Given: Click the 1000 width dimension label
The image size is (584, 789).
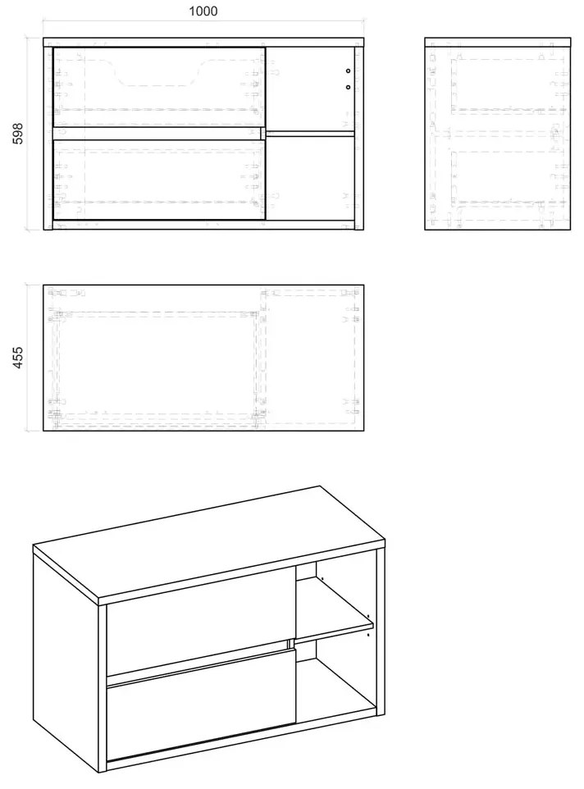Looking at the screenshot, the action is [x=203, y=11].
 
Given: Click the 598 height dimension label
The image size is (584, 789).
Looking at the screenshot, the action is [x=17, y=134].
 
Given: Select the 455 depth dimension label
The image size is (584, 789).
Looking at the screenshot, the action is [x=17, y=358].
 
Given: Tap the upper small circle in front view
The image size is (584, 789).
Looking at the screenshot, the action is [x=348, y=71].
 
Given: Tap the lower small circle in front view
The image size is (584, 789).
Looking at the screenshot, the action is [x=348, y=87].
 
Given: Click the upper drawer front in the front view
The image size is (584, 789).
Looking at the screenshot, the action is [x=159, y=87].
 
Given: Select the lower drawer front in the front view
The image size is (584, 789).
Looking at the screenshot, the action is [x=159, y=180].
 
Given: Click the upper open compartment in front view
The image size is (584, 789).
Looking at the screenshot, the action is [x=310, y=89].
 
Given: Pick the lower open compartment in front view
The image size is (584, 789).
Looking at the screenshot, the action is [x=310, y=178].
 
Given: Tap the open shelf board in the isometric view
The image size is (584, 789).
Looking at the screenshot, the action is [x=335, y=609].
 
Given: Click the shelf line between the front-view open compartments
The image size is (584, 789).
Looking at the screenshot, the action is [x=310, y=134].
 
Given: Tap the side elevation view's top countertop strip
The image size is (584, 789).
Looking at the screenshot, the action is [x=498, y=42].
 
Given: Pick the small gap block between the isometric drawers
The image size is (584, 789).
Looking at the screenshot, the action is [x=290, y=644].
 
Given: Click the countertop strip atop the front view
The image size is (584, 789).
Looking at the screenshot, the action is [x=203, y=42].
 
